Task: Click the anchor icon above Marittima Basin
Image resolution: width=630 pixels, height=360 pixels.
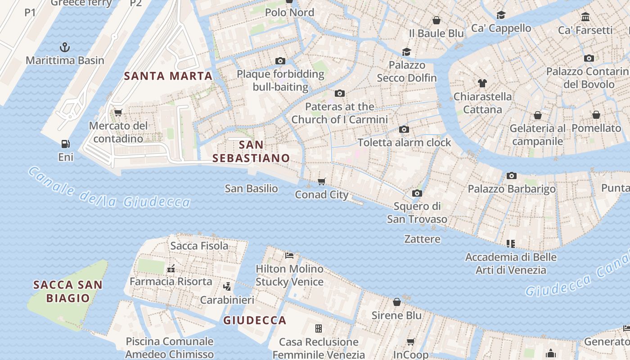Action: tap(65, 47)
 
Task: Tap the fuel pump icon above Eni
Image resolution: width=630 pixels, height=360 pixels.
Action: tap(66, 144)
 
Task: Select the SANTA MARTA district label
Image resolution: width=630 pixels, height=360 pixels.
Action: tap(168, 76)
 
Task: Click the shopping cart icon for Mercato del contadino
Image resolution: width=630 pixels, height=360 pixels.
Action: tap(118, 112)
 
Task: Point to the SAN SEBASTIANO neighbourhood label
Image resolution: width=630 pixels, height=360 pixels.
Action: tap(251, 151)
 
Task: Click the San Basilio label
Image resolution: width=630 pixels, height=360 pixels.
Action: tap(251, 189)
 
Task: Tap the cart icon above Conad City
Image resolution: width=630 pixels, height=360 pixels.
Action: tap(321, 181)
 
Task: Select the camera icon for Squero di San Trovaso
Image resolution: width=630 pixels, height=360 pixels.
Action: tap(417, 193)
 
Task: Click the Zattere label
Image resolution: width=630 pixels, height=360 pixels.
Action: tap(422, 239)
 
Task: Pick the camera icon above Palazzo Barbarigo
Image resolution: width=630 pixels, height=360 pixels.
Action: tap(511, 175)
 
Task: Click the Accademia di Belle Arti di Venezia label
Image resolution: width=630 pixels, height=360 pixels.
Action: tap(511, 264)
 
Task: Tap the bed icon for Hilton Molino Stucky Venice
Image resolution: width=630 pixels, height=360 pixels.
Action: tap(289, 256)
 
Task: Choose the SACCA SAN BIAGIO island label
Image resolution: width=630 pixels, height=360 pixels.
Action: tap(68, 291)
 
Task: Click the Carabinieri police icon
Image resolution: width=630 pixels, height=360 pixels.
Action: tap(227, 286)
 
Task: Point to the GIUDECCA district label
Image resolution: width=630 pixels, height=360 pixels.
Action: tap(255, 320)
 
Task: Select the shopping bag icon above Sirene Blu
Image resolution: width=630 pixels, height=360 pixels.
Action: tap(396, 302)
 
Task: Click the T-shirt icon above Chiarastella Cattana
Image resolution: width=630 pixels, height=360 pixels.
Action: tap(482, 83)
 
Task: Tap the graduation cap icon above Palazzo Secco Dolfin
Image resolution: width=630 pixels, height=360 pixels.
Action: tap(406, 52)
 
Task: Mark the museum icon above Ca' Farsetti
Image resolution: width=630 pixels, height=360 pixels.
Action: tap(585, 17)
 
